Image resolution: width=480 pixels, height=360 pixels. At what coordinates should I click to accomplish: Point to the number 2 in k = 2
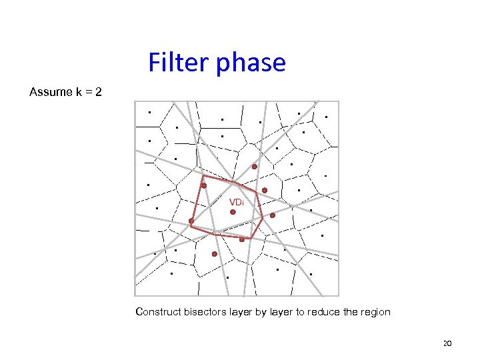point(99,91)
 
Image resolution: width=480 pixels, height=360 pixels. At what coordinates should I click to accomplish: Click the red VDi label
point(237,202)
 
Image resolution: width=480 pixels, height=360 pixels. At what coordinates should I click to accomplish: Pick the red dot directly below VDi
point(233,212)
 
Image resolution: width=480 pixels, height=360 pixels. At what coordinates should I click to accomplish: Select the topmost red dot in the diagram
point(254,166)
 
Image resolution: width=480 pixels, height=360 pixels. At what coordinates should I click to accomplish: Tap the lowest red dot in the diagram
point(214,254)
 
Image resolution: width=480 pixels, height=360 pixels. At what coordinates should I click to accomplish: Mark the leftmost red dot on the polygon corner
point(191,221)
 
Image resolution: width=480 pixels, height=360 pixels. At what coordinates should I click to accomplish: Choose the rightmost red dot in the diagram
point(272,215)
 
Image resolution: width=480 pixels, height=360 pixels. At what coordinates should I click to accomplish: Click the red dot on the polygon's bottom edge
point(242,239)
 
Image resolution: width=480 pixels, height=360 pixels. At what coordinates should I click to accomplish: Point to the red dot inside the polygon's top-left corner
point(204,186)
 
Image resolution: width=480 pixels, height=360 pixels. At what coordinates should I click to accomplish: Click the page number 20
point(447,343)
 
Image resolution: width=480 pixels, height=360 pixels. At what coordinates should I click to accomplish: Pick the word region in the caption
point(375,312)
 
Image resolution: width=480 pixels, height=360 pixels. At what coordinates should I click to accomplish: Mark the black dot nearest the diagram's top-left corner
point(149,113)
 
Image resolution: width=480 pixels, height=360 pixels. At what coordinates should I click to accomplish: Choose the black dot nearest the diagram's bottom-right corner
point(311,273)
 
